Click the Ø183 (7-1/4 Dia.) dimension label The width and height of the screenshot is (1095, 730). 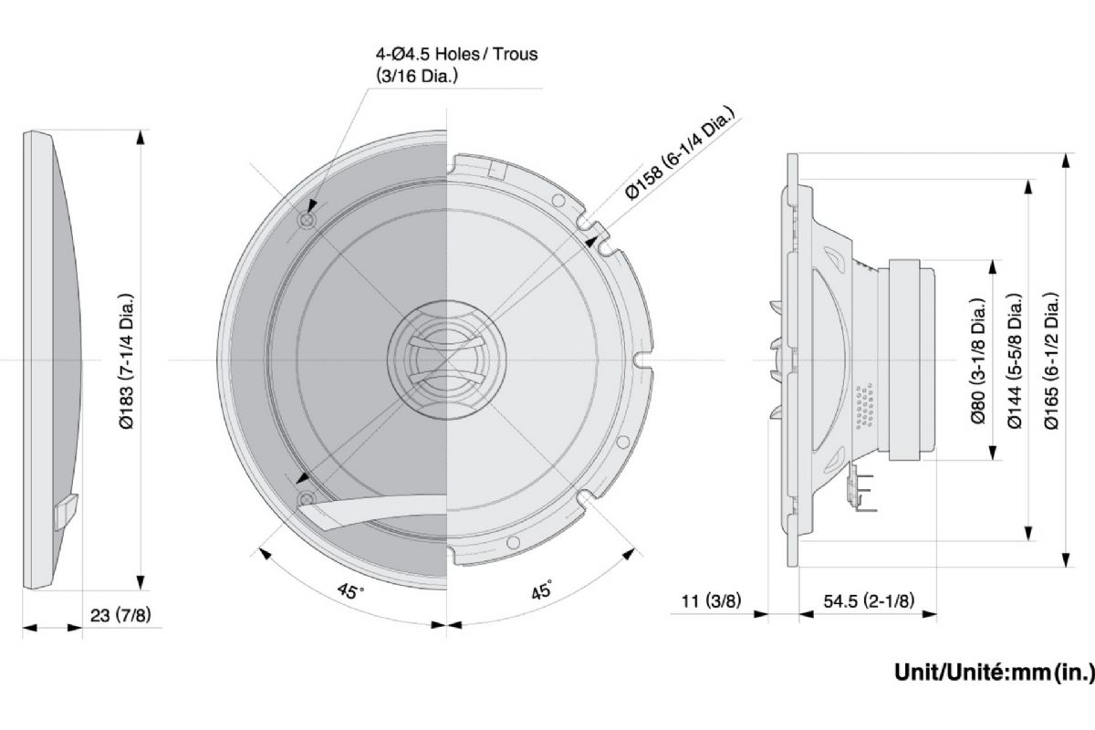pyautogui.click(x=129, y=361)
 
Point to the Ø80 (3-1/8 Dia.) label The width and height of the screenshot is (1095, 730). pyautogui.click(x=979, y=361)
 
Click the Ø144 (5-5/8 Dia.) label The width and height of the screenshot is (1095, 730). pyautogui.click(x=1016, y=361)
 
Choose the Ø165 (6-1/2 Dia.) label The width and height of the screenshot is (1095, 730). pyautogui.click(x=1052, y=361)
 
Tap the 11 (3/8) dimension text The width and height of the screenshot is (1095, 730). pyautogui.click(x=711, y=601)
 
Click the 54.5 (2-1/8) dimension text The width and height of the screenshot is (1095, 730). pyautogui.click(x=869, y=601)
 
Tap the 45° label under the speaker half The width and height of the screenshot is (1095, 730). pyautogui.click(x=542, y=591)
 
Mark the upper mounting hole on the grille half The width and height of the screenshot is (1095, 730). pyautogui.click(x=308, y=219)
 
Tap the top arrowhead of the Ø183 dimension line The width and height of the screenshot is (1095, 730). pyautogui.click(x=141, y=136)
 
